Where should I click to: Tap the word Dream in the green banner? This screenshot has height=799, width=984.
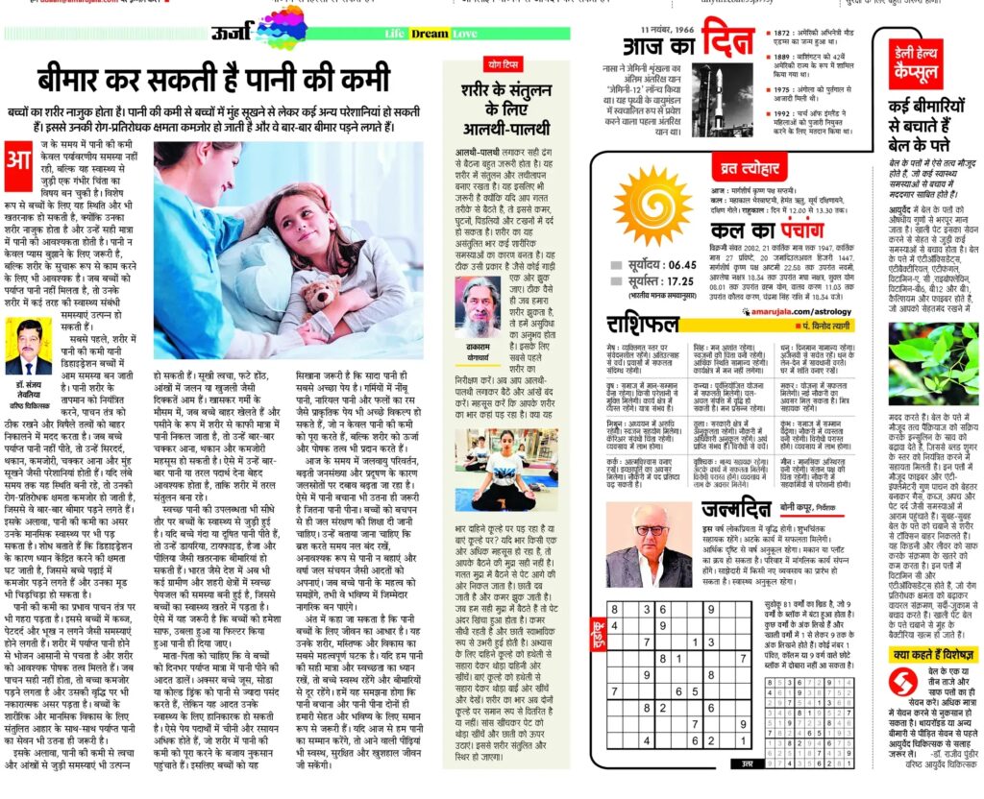pyautogui.click(x=430, y=34)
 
